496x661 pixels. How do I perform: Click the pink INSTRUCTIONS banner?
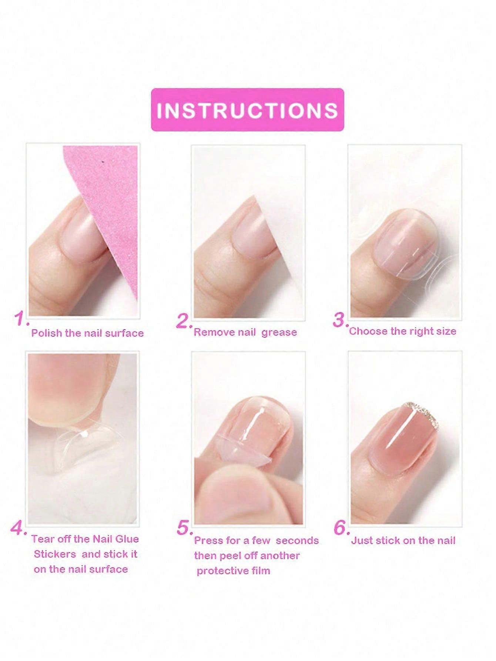[x=248, y=110]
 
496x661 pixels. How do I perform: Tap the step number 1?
[x=21, y=318]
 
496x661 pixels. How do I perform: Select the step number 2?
[x=184, y=321]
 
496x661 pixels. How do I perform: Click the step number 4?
[x=19, y=527]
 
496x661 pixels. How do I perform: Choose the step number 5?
[x=185, y=528]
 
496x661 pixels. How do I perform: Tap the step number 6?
[x=342, y=527]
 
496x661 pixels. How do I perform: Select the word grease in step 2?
[x=279, y=333]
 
